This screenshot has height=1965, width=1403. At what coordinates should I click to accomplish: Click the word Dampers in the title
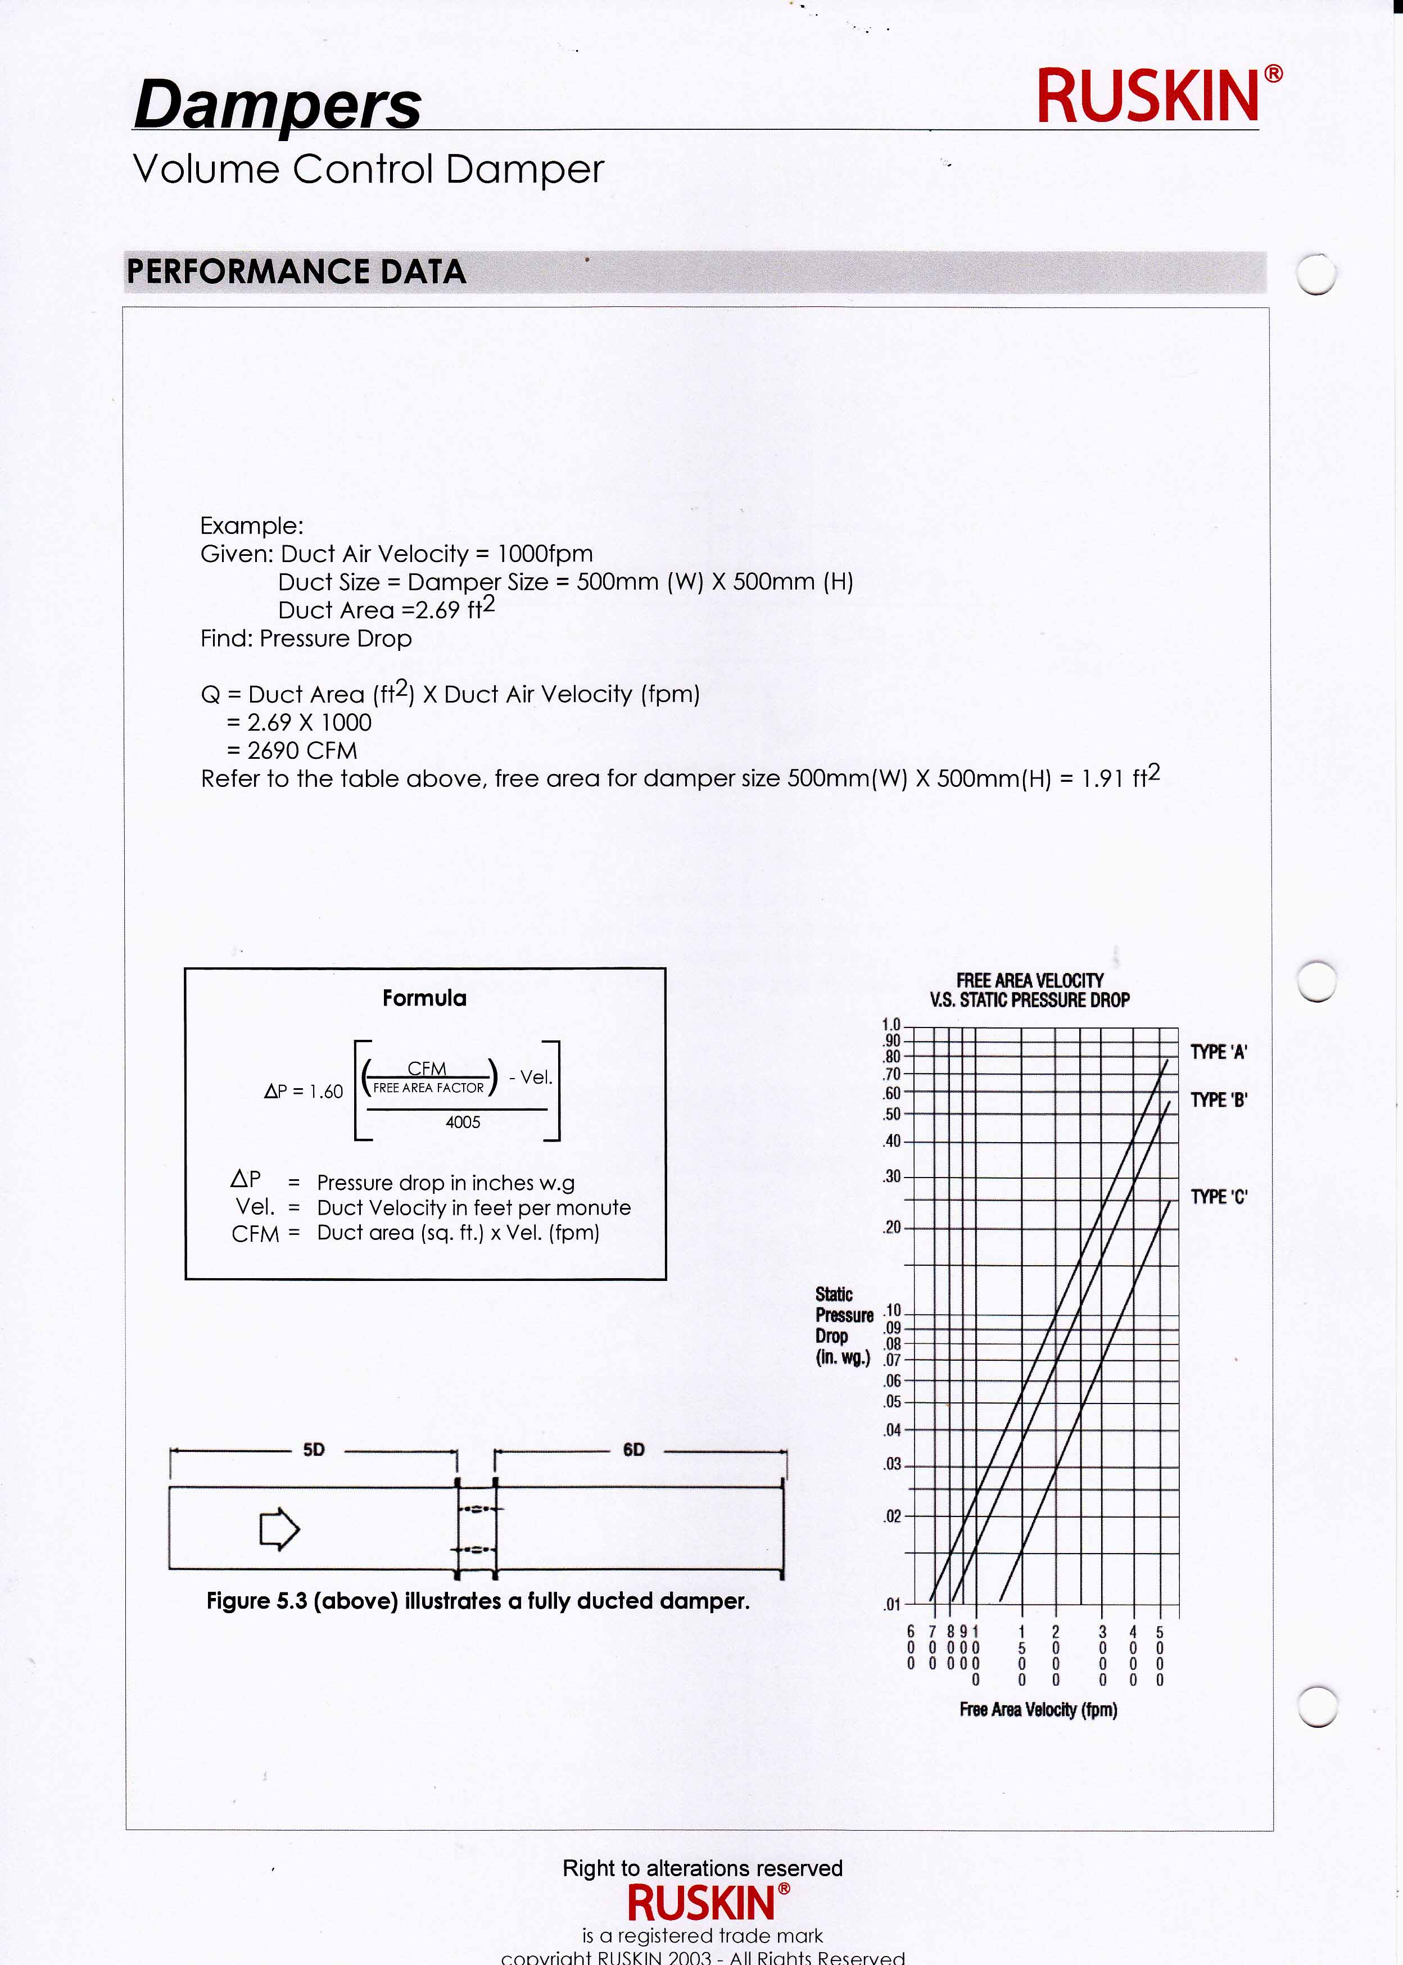(x=277, y=105)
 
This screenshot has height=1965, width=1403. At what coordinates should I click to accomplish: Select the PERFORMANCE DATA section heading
(x=296, y=272)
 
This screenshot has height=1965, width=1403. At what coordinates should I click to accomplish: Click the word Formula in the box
(x=424, y=998)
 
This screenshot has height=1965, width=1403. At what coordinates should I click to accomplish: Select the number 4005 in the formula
(x=463, y=1122)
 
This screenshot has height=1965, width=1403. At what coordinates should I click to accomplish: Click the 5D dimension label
(x=314, y=1450)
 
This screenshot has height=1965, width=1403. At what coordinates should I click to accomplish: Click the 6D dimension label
(x=633, y=1450)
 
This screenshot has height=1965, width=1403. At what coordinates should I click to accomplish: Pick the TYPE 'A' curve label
(x=1218, y=1052)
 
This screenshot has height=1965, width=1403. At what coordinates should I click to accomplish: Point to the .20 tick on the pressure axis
(x=891, y=1228)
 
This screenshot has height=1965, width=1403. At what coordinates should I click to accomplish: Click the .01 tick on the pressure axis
(x=891, y=1605)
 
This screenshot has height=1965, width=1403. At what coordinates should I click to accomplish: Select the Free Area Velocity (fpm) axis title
(x=1038, y=1709)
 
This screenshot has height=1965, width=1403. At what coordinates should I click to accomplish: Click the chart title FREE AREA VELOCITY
(x=1029, y=980)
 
